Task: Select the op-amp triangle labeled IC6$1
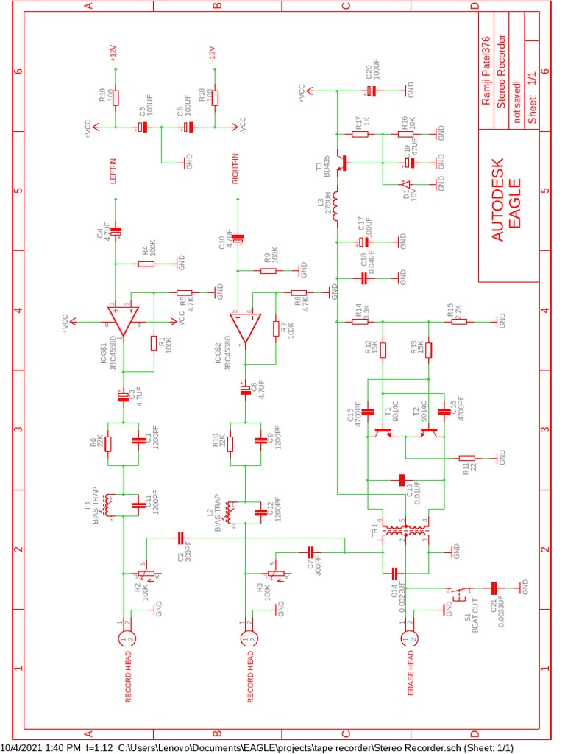(x=122, y=323)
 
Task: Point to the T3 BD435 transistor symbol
(x=341, y=163)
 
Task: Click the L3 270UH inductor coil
(x=337, y=208)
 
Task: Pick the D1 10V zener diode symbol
(x=404, y=186)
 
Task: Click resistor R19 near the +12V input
(x=114, y=97)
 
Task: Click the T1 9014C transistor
(x=383, y=431)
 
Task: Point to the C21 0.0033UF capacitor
(x=494, y=587)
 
